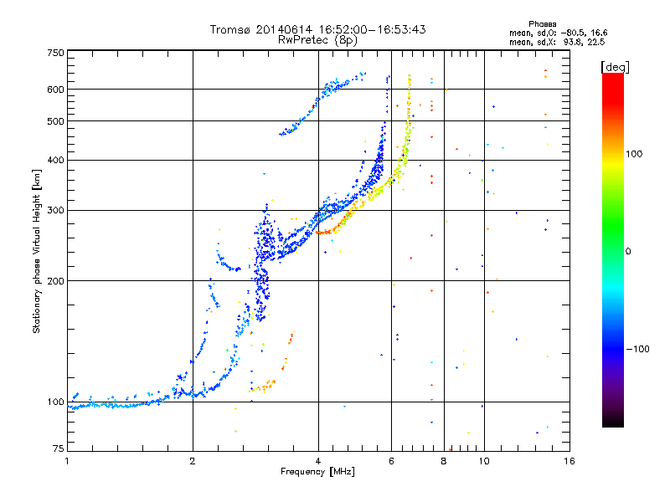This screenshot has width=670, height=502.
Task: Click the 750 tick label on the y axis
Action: click(55, 53)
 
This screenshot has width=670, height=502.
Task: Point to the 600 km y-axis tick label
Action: click(55, 90)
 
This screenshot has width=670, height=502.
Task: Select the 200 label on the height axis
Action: click(55, 281)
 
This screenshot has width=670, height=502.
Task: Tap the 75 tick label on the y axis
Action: click(59, 448)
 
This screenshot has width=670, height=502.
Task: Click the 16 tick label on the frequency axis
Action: click(569, 461)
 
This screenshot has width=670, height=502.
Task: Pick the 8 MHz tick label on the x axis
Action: click(444, 461)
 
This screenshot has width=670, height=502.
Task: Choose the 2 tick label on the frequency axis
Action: click(193, 461)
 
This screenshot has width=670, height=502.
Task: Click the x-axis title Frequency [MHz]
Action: click(317, 472)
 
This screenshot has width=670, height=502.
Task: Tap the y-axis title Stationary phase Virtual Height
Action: click(36, 252)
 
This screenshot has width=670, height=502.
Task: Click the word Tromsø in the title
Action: click(231, 29)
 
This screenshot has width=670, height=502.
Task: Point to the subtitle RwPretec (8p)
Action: click(317, 40)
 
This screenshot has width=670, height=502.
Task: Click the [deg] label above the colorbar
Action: click(615, 68)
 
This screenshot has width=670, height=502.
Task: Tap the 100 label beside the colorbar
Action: click(634, 154)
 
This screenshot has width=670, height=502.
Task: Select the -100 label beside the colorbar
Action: click(637, 349)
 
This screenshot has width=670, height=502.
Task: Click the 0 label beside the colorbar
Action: click(628, 252)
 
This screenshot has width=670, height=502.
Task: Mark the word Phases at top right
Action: click(542, 24)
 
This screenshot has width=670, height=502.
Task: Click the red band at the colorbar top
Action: click(613, 85)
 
